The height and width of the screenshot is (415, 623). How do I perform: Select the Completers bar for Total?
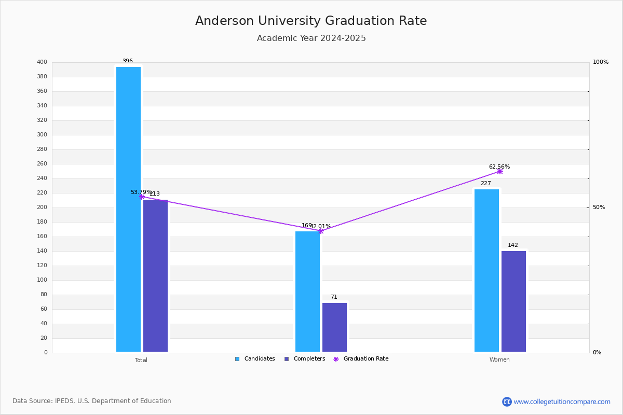pos(155,275)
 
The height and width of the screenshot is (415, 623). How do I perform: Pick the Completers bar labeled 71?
pos(334,327)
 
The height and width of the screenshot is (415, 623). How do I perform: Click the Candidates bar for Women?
pos(486,270)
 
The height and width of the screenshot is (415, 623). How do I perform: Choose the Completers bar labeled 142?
pos(513,301)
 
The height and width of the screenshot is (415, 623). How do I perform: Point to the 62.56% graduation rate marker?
pos(499,171)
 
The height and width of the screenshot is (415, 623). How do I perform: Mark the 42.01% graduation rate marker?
pos(320,231)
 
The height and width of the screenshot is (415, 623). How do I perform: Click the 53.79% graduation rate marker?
pos(141,197)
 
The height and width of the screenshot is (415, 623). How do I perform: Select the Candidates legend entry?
pos(255,359)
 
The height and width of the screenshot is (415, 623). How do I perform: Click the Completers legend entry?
pos(305,359)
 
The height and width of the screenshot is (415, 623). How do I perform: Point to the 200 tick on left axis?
pos(42,208)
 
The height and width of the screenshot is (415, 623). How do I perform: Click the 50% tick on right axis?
pos(599,208)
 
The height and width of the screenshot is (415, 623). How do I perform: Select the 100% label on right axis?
pos(601,62)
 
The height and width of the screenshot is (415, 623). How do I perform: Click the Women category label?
pos(499,360)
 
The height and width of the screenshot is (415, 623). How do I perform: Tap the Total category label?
pos(141,360)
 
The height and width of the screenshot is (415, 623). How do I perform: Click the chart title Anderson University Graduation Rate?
pos(311,21)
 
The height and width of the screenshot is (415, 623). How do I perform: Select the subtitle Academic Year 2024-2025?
pos(311,38)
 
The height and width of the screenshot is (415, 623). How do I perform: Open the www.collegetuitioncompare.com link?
pos(562,402)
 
